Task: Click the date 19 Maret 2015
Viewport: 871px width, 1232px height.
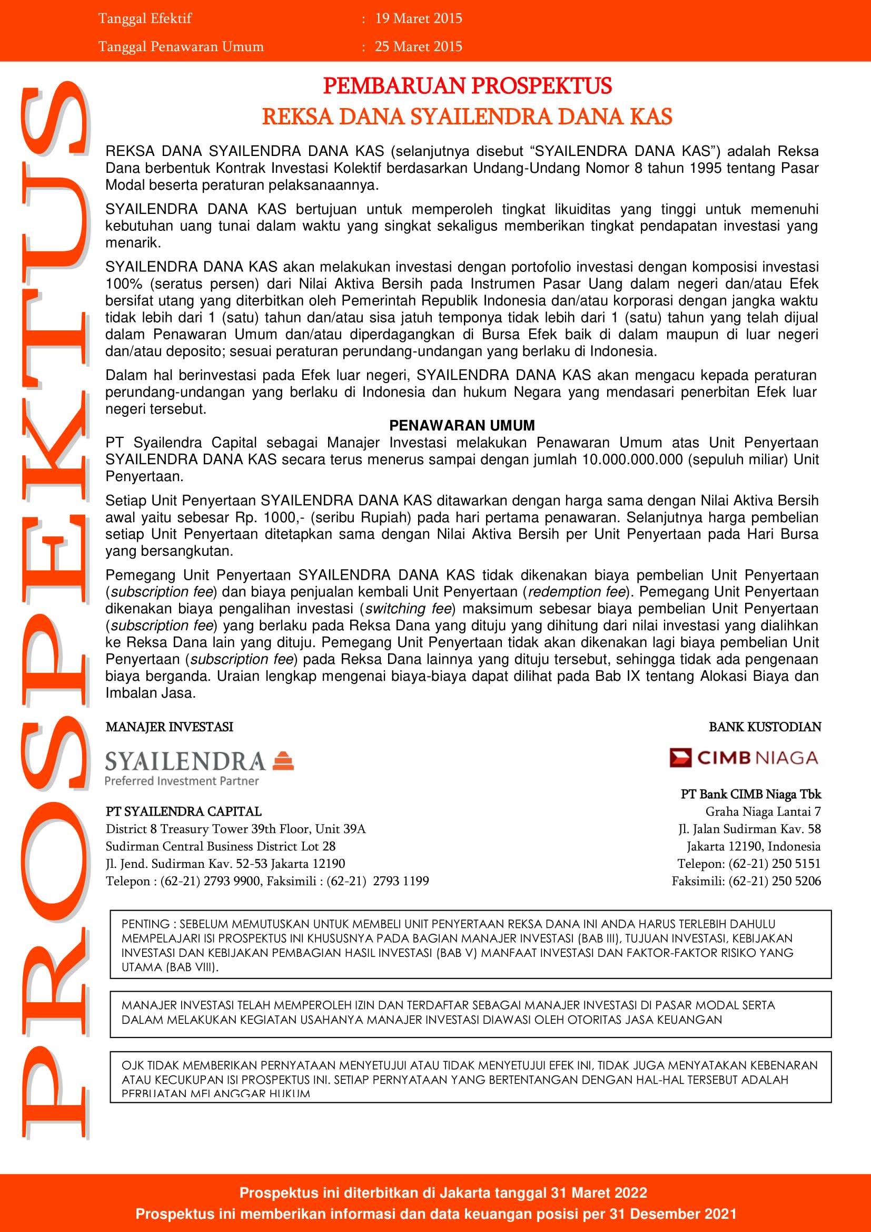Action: coord(418,19)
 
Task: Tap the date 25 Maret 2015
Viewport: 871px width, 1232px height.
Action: coord(418,47)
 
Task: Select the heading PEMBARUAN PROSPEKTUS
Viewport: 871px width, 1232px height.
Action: coord(467,86)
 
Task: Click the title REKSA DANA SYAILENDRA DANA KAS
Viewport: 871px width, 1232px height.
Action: coord(467,117)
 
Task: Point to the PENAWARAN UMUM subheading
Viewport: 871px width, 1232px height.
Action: coord(462,426)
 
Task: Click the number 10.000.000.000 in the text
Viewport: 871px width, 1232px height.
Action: coord(632,459)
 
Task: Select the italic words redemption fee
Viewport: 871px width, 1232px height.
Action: coord(577,591)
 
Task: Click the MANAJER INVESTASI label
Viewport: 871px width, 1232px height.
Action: coord(170,727)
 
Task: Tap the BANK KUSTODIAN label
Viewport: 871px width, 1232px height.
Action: coord(765,727)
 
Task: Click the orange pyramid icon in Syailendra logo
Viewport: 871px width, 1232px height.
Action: coord(283,761)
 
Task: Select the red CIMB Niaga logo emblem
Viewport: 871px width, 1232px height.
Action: coord(680,758)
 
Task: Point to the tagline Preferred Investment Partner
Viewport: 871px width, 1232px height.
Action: coord(182,781)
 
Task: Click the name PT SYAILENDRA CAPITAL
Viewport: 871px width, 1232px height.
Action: coord(183,811)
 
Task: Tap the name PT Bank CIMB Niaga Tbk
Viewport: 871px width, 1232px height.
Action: coord(751,794)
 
